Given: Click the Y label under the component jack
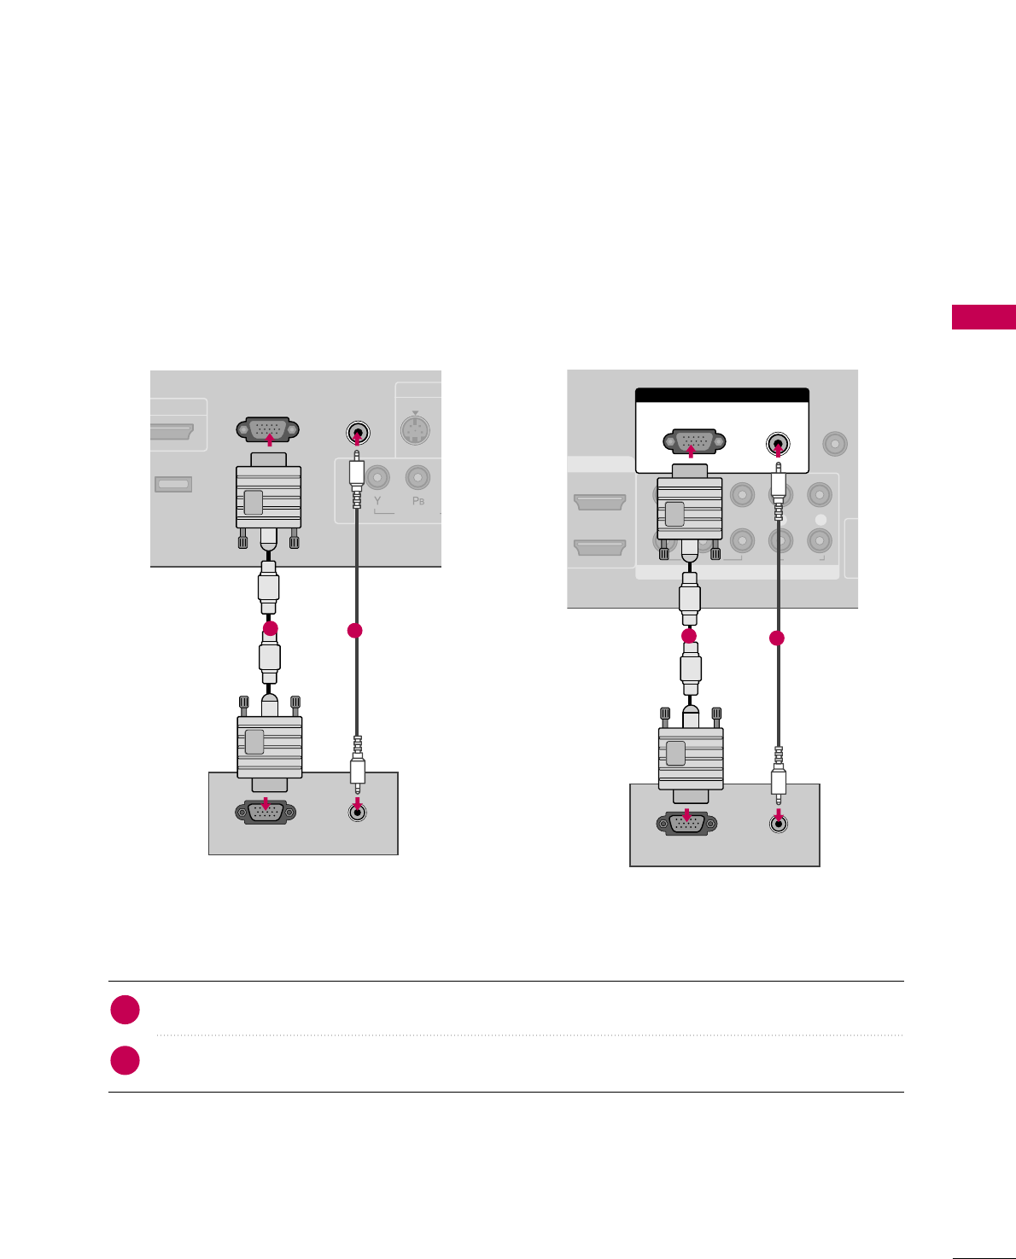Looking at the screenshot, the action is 377,501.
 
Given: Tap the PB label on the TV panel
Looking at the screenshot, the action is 418,501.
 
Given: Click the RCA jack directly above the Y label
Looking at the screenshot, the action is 377,477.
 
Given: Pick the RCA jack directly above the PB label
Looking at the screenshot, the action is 417,477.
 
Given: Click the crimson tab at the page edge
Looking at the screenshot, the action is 984,317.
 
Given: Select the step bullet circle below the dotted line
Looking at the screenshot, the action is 126,1060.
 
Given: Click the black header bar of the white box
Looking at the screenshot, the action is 722,395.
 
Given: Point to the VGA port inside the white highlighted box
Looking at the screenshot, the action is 693,442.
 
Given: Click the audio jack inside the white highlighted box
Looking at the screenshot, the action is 778,444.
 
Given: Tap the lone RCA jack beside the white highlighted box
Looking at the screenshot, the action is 834,444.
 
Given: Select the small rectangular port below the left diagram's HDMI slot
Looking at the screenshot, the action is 173,484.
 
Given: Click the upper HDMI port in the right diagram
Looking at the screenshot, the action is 599,501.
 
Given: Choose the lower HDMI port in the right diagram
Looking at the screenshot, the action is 599,546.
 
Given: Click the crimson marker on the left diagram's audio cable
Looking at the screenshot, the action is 355,631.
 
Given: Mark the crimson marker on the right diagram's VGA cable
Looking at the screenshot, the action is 689,636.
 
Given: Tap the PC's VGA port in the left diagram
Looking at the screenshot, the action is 266,812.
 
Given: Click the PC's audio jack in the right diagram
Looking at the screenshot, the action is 778,823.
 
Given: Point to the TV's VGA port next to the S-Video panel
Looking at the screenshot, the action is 268,429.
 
